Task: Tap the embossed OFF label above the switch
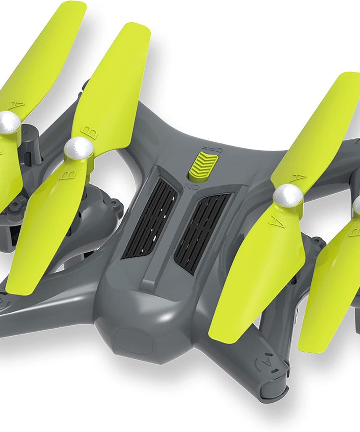pyautogui.click(x=212, y=148)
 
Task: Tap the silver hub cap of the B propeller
pyautogui.click(x=79, y=149)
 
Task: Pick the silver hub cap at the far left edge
pyautogui.click(x=9, y=122)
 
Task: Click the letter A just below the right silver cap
pyautogui.click(x=275, y=222)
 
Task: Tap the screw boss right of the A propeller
pyautogui.click(x=318, y=242)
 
